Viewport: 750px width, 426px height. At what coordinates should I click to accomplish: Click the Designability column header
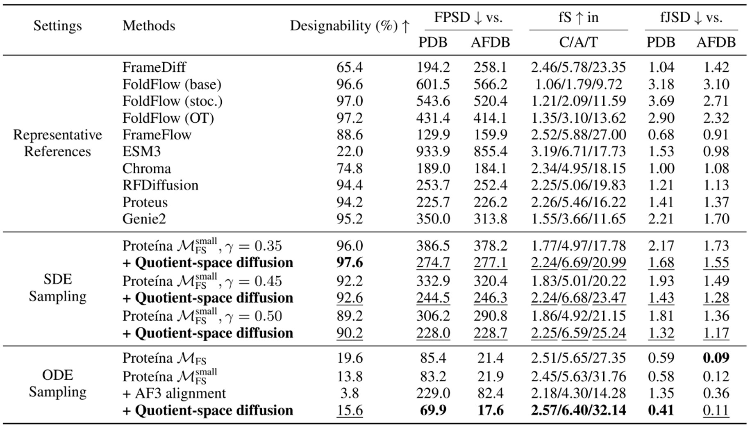point(350,26)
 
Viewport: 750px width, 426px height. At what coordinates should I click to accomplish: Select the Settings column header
point(57,26)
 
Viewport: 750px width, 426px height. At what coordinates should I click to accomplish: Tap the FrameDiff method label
point(154,67)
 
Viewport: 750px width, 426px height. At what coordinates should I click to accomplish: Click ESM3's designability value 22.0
point(350,152)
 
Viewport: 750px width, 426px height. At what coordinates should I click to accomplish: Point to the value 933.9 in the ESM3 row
point(433,152)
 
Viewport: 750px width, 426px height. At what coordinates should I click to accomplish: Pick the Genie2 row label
point(144,219)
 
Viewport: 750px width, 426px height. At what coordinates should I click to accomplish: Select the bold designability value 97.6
point(350,262)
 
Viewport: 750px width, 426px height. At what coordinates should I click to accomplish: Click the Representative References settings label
point(57,143)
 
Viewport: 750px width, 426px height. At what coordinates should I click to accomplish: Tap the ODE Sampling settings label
point(57,383)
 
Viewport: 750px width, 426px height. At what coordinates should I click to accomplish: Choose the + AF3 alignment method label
point(174,393)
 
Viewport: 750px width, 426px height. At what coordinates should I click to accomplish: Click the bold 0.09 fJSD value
point(716,358)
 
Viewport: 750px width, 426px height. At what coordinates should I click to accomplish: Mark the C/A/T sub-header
point(578,42)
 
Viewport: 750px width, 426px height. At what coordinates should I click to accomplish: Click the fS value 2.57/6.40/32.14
point(578,410)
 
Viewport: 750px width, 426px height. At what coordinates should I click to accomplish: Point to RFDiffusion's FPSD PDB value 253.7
point(433,185)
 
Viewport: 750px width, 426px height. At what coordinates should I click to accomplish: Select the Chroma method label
point(146,169)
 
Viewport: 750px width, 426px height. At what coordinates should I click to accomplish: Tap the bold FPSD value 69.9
point(433,410)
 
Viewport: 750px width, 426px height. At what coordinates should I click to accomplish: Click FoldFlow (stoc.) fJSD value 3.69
point(661,101)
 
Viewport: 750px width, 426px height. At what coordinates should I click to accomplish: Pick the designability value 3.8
point(350,393)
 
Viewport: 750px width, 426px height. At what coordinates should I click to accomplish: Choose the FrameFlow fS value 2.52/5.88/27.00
point(578,135)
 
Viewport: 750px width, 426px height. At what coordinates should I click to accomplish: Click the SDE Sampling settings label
point(57,287)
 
